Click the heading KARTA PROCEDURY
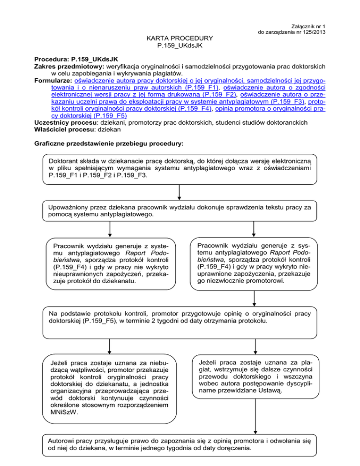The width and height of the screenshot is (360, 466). [180, 38]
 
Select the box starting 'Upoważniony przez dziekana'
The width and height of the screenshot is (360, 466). [180, 210]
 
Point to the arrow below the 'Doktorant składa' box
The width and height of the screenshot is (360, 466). [180, 192]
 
